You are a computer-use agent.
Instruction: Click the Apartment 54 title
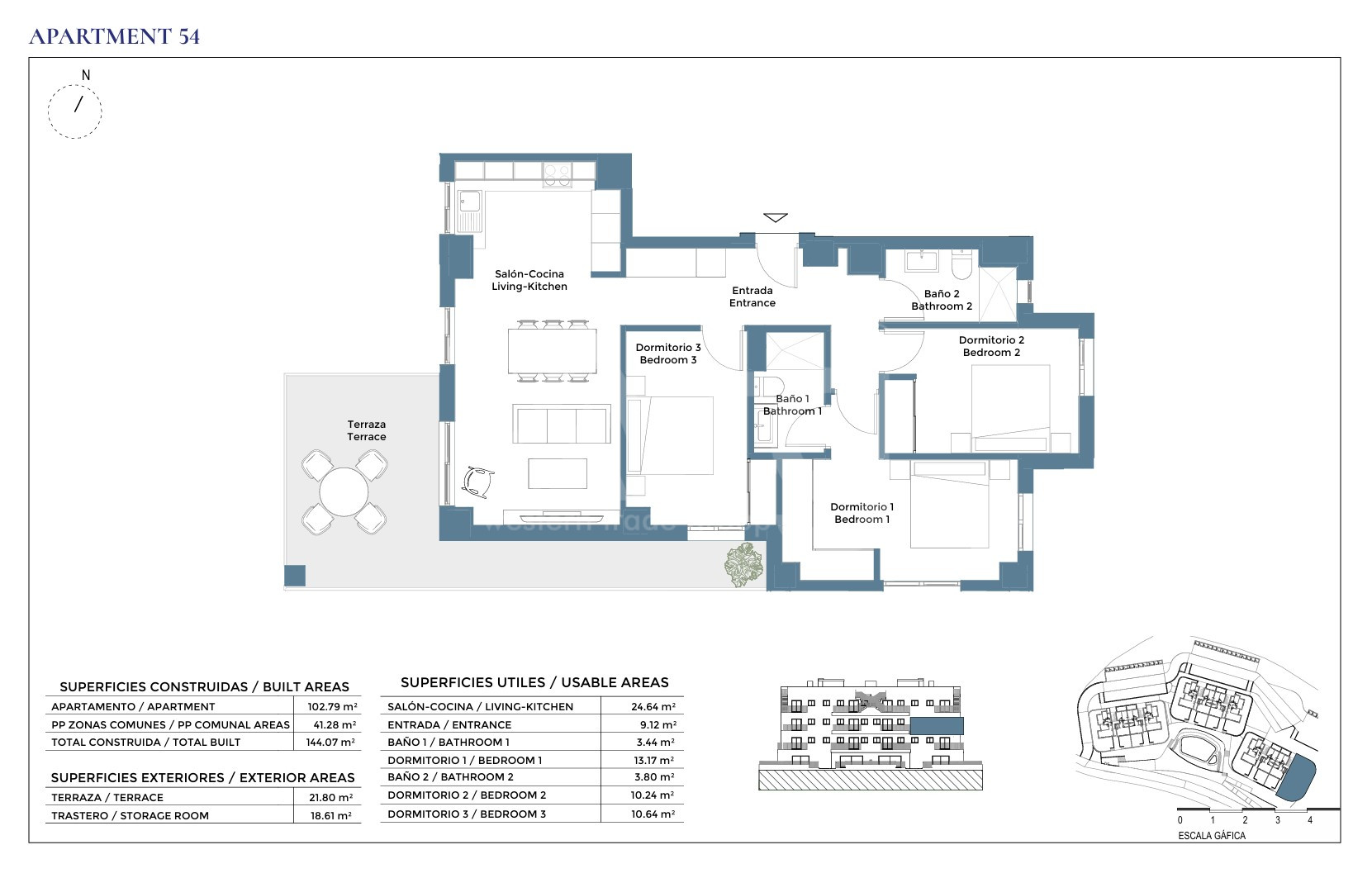(x=115, y=36)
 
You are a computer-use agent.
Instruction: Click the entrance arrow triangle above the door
(x=776, y=217)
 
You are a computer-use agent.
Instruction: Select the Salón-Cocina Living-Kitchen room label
(x=529, y=280)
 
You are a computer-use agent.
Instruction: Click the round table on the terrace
(x=344, y=491)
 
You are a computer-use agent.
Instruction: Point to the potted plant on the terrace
(x=743, y=564)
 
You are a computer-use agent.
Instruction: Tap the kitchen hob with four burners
(x=558, y=174)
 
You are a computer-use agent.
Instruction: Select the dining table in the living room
(x=552, y=351)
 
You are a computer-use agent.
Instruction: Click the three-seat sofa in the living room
(x=562, y=424)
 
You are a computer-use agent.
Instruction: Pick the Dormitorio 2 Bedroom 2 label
(x=991, y=346)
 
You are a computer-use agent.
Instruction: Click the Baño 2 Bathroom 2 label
(x=942, y=300)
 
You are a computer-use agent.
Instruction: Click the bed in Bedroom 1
(x=949, y=504)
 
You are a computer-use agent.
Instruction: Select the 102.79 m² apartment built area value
(x=332, y=706)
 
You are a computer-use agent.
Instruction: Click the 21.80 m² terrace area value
(x=330, y=797)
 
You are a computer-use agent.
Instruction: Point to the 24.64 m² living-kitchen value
(x=653, y=706)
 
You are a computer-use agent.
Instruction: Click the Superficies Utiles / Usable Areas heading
(x=534, y=682)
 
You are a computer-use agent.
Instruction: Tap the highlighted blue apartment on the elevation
(x=937, y=726)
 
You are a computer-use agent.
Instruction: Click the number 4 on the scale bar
(x=1310, y=820)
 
